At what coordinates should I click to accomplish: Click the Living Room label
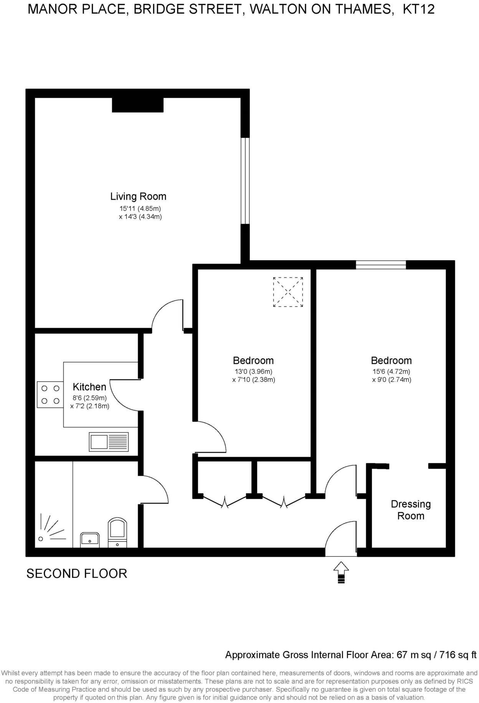(x=138, y=196)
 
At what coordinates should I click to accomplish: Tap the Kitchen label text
(x=89, y=387)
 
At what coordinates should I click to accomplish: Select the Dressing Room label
(x=411, y=510)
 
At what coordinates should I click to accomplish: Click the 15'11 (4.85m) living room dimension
(x=140, y=209)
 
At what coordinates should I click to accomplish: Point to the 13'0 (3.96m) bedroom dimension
(x=253, y=371)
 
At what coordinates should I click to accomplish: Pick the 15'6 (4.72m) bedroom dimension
(x=391, y=371)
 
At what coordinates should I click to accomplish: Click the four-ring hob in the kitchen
(x=50, y=394)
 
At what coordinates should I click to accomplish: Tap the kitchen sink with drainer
(x=109, y=442)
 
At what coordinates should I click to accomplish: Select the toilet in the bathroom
(x=117, y=531)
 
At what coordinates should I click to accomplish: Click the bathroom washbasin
(x=90, y=539)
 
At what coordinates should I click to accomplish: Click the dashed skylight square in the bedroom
(x=288, y=292)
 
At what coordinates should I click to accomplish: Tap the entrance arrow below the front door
(x=341, y=572)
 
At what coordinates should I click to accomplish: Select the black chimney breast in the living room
(x=137, y=105)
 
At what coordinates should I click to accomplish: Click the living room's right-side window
(x=245, y=180)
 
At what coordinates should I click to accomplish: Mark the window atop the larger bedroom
(x=380, y=264)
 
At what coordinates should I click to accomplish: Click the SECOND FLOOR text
(x=77, y=573)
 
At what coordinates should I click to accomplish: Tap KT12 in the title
(x=418, y=9)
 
